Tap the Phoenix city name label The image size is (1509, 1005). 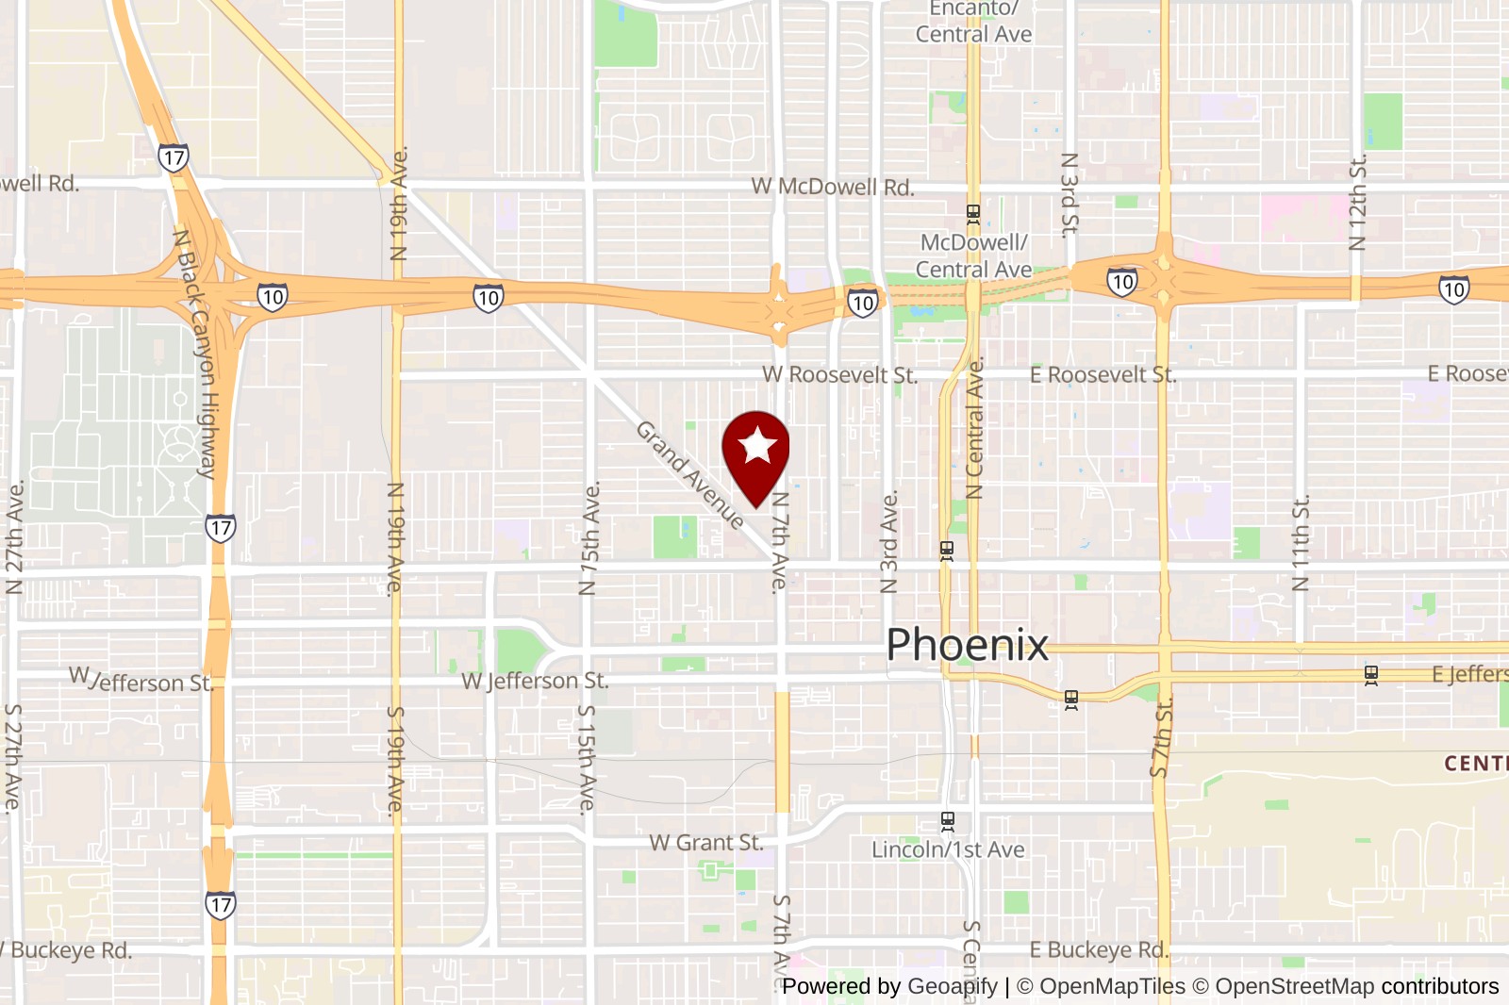coord(967,646)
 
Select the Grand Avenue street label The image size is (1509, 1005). coord(689,474)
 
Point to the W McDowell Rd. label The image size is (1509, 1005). coord(833,187)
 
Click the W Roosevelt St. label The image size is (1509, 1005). coord(839,375)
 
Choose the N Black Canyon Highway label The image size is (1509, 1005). coord(196,354)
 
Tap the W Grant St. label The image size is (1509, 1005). coord(705,843)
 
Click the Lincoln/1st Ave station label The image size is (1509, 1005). coord(948,850)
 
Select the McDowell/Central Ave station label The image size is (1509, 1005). coord(973,256)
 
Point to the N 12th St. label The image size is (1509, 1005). coord(1357,204)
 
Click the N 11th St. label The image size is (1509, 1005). coord(1301,544)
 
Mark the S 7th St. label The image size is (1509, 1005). coord(1161,737)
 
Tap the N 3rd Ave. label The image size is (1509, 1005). coord(888,542)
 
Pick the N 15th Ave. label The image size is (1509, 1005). coord(589,539)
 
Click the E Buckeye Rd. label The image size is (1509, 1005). coord(1099,950)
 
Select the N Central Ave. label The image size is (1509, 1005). coord(975,429)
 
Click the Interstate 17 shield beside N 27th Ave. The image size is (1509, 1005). coord(220,528)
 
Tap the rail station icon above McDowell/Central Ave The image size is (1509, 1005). coord(973,215)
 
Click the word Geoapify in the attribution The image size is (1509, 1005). coord(952,987)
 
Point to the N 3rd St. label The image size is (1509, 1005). coord(1069,195)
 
